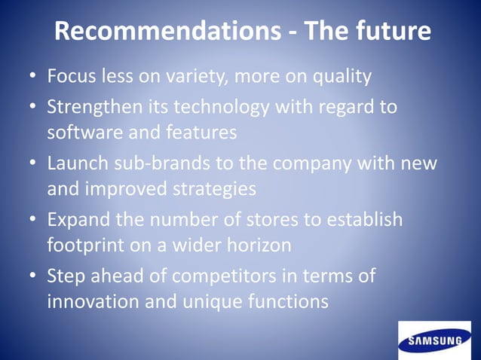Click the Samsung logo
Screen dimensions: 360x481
tap(434, 340)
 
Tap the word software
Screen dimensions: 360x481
tap(80, 133)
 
